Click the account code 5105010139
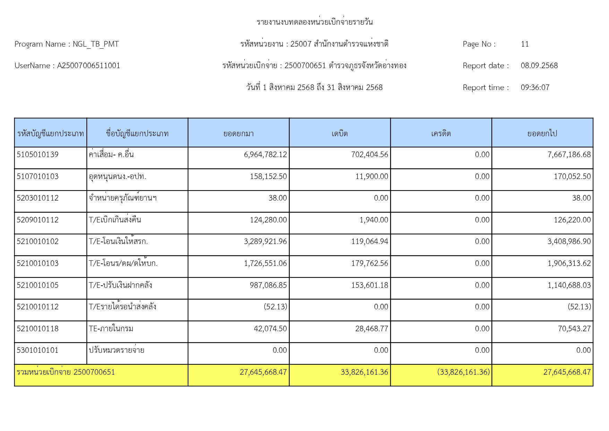[38, 155]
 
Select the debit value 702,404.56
[370, 155]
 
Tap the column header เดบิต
[340, 133]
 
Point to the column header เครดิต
[441, 133]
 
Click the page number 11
[525, 44]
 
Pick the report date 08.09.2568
[539, 66]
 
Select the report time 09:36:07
[535, 88]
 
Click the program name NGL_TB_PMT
[96, 44]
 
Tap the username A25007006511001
[88, 66]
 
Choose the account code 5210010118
[38, 329]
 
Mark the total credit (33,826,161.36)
[464, 372]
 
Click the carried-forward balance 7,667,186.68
[569, 155]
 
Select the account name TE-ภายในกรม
[111, 329]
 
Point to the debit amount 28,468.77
[372, 329]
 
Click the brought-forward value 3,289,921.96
[265, 242]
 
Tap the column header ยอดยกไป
[542, 133]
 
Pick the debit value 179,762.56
[370, 263]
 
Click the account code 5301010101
[38, 350]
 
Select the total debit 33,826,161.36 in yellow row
[364, 372]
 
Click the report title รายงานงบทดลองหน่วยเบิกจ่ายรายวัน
[315, 22]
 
